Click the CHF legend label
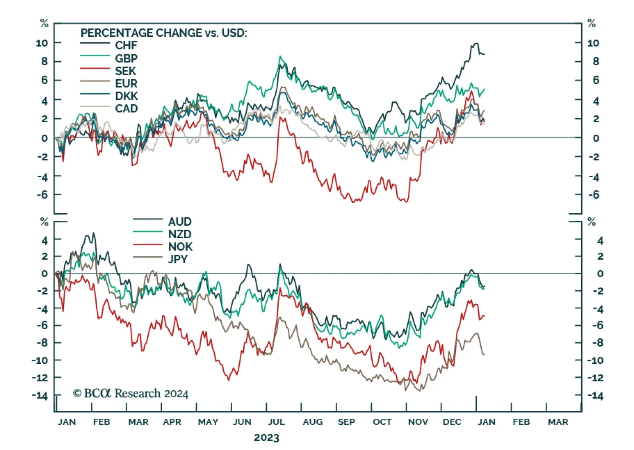point(126,46)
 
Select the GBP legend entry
point(126,59)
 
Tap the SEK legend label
point(125,71)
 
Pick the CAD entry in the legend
point(126,108)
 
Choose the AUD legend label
point(180,222)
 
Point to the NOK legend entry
point(180,247)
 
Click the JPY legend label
point(178,259)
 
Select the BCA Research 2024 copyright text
point(130,393)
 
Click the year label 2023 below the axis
point(266,438)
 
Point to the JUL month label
point(276,422)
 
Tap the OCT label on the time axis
point(382,422)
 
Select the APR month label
point(172,422)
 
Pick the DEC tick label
point(452,422)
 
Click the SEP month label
point(346,422)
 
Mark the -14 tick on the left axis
point(40,395)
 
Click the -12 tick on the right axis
point(595,378)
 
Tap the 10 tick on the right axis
point(593,43)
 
